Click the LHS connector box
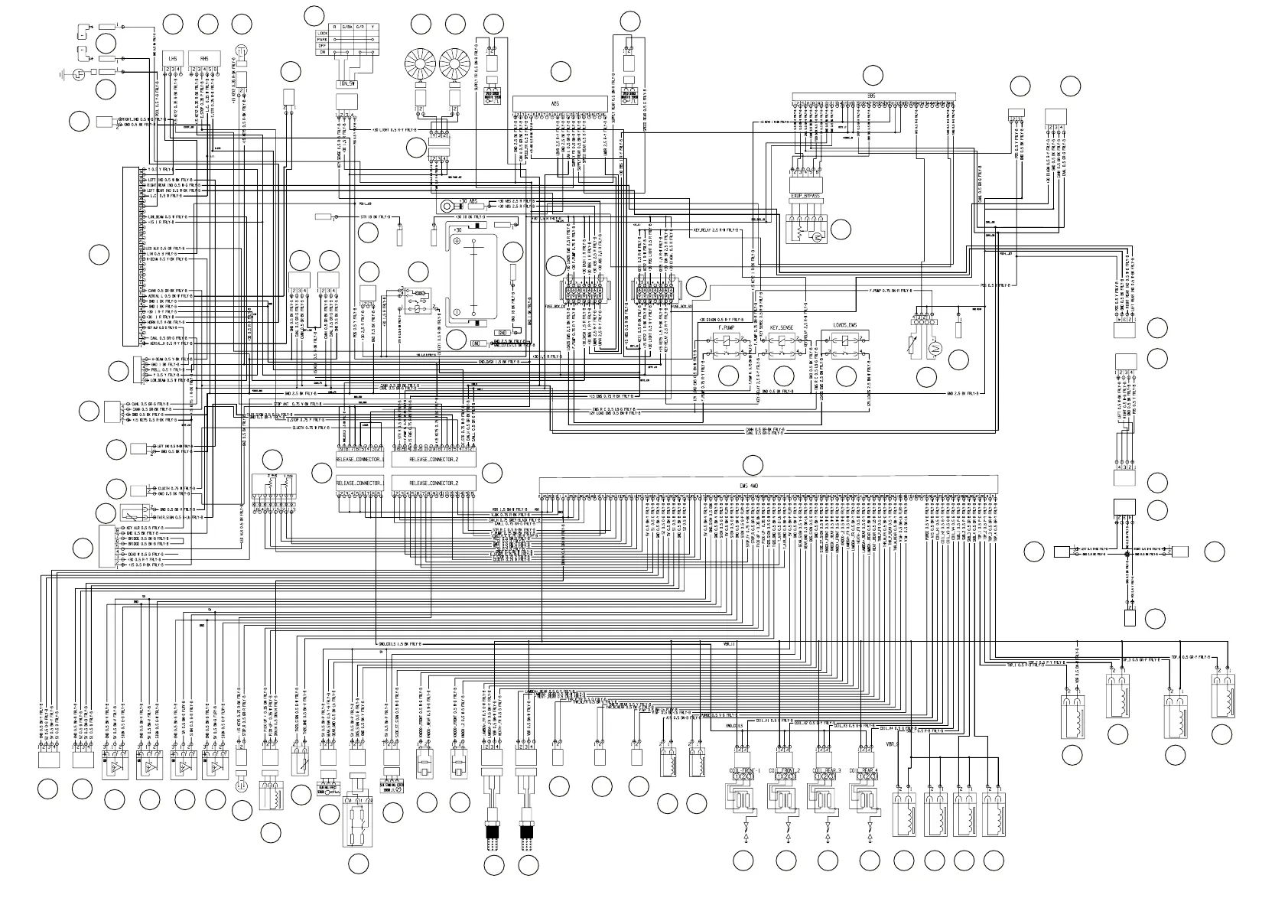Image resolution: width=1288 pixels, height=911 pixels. (173, 57)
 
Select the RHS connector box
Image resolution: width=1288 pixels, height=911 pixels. (204, 57)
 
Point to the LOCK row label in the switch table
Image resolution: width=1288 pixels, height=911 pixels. (323, 34)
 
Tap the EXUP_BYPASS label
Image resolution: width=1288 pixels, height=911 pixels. (805, 197)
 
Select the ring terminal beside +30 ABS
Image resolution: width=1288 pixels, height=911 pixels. (445, 205)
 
